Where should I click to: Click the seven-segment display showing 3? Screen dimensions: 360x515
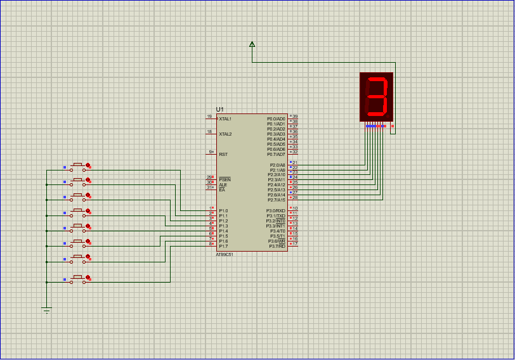tap(377, 97)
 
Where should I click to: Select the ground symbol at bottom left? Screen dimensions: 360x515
tap(46, 309)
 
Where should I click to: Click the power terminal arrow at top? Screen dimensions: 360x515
tap(252, 44)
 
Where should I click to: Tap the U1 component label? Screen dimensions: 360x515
tap(220, 110)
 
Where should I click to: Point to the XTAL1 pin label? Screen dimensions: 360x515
tap(225, 119)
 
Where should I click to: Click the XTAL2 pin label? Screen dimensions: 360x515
tap(225, 134)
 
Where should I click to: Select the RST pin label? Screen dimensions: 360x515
tap(223, 154)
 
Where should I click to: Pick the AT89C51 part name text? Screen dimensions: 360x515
tap(225, 254)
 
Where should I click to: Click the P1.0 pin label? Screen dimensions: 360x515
tap(223, 211)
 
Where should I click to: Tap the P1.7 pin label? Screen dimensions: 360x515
tap(223, 247)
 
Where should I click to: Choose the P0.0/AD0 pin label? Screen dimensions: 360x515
tap(277, 119)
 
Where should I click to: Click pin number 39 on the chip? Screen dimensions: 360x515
tap(295, 117)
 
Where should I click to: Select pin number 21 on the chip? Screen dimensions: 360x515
tap(295, 163)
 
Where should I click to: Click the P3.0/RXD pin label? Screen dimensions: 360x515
tap(276, 211)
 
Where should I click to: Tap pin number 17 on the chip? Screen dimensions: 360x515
tap(295, 244)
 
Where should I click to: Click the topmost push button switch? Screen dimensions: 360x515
tap(78, 166)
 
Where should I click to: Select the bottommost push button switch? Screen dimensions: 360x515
tap(78, 278)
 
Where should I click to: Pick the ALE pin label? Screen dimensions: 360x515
tap(223, 184)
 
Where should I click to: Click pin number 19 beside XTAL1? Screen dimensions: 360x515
tap(209, 117)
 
